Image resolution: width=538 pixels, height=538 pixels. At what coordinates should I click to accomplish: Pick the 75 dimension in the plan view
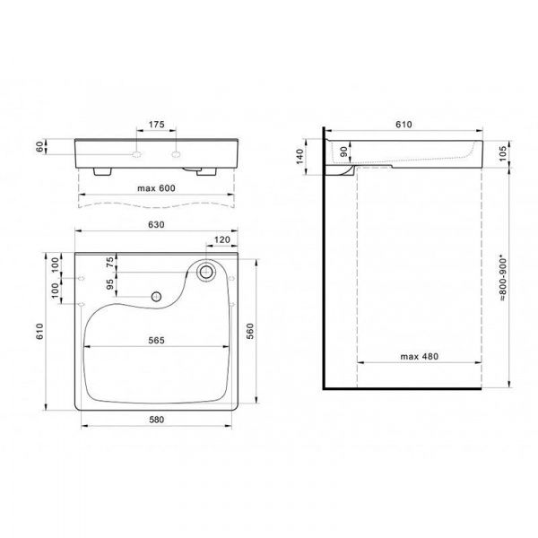110,262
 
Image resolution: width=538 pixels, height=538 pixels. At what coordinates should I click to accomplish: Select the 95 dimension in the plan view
110,287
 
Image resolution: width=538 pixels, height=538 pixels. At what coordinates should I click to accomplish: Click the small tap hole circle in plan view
156,295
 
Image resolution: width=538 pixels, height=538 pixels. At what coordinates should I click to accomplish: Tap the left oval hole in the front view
136,154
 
